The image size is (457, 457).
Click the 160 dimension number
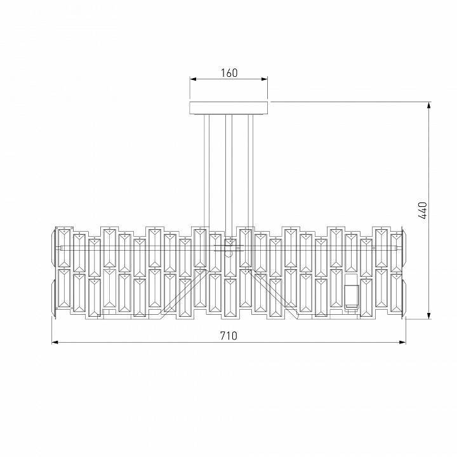[x=229, y=73]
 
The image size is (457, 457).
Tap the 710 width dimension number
[x=228, y=336]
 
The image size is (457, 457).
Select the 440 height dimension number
[x=422, y=210]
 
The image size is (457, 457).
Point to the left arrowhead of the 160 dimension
[x=193, y=79]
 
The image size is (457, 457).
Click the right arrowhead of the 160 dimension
[x=264, y=79]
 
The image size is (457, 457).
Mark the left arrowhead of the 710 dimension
[x=55, y=342]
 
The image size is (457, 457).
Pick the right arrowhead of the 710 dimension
[x=402, y=342]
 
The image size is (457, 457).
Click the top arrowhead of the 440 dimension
[x=428, y=105]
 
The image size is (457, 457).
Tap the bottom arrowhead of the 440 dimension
[x=428, y=315]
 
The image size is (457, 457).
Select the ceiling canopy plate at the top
[x=228, y=108]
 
